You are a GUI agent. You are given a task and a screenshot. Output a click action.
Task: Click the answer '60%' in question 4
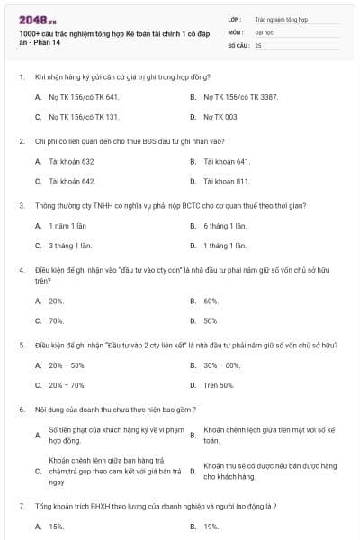click(x=211, y=301)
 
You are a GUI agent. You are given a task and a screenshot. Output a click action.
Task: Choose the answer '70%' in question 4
click(x=56, y=320)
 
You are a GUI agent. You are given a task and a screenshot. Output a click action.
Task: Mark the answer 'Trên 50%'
click(x=219, y=385)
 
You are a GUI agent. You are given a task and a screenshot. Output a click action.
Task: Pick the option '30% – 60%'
click(x=222, y=365)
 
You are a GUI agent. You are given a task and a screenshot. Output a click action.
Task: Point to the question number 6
click(x=21, y=409)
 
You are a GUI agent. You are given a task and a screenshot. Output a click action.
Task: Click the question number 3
click(x=21, y=205)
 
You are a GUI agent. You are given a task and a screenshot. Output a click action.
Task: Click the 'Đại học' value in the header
click(x=264, y=31)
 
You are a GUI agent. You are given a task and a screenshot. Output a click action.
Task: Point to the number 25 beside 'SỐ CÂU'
click(x=258, y=44)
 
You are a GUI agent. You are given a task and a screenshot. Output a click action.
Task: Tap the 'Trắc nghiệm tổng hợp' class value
click(x=280, y=18)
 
